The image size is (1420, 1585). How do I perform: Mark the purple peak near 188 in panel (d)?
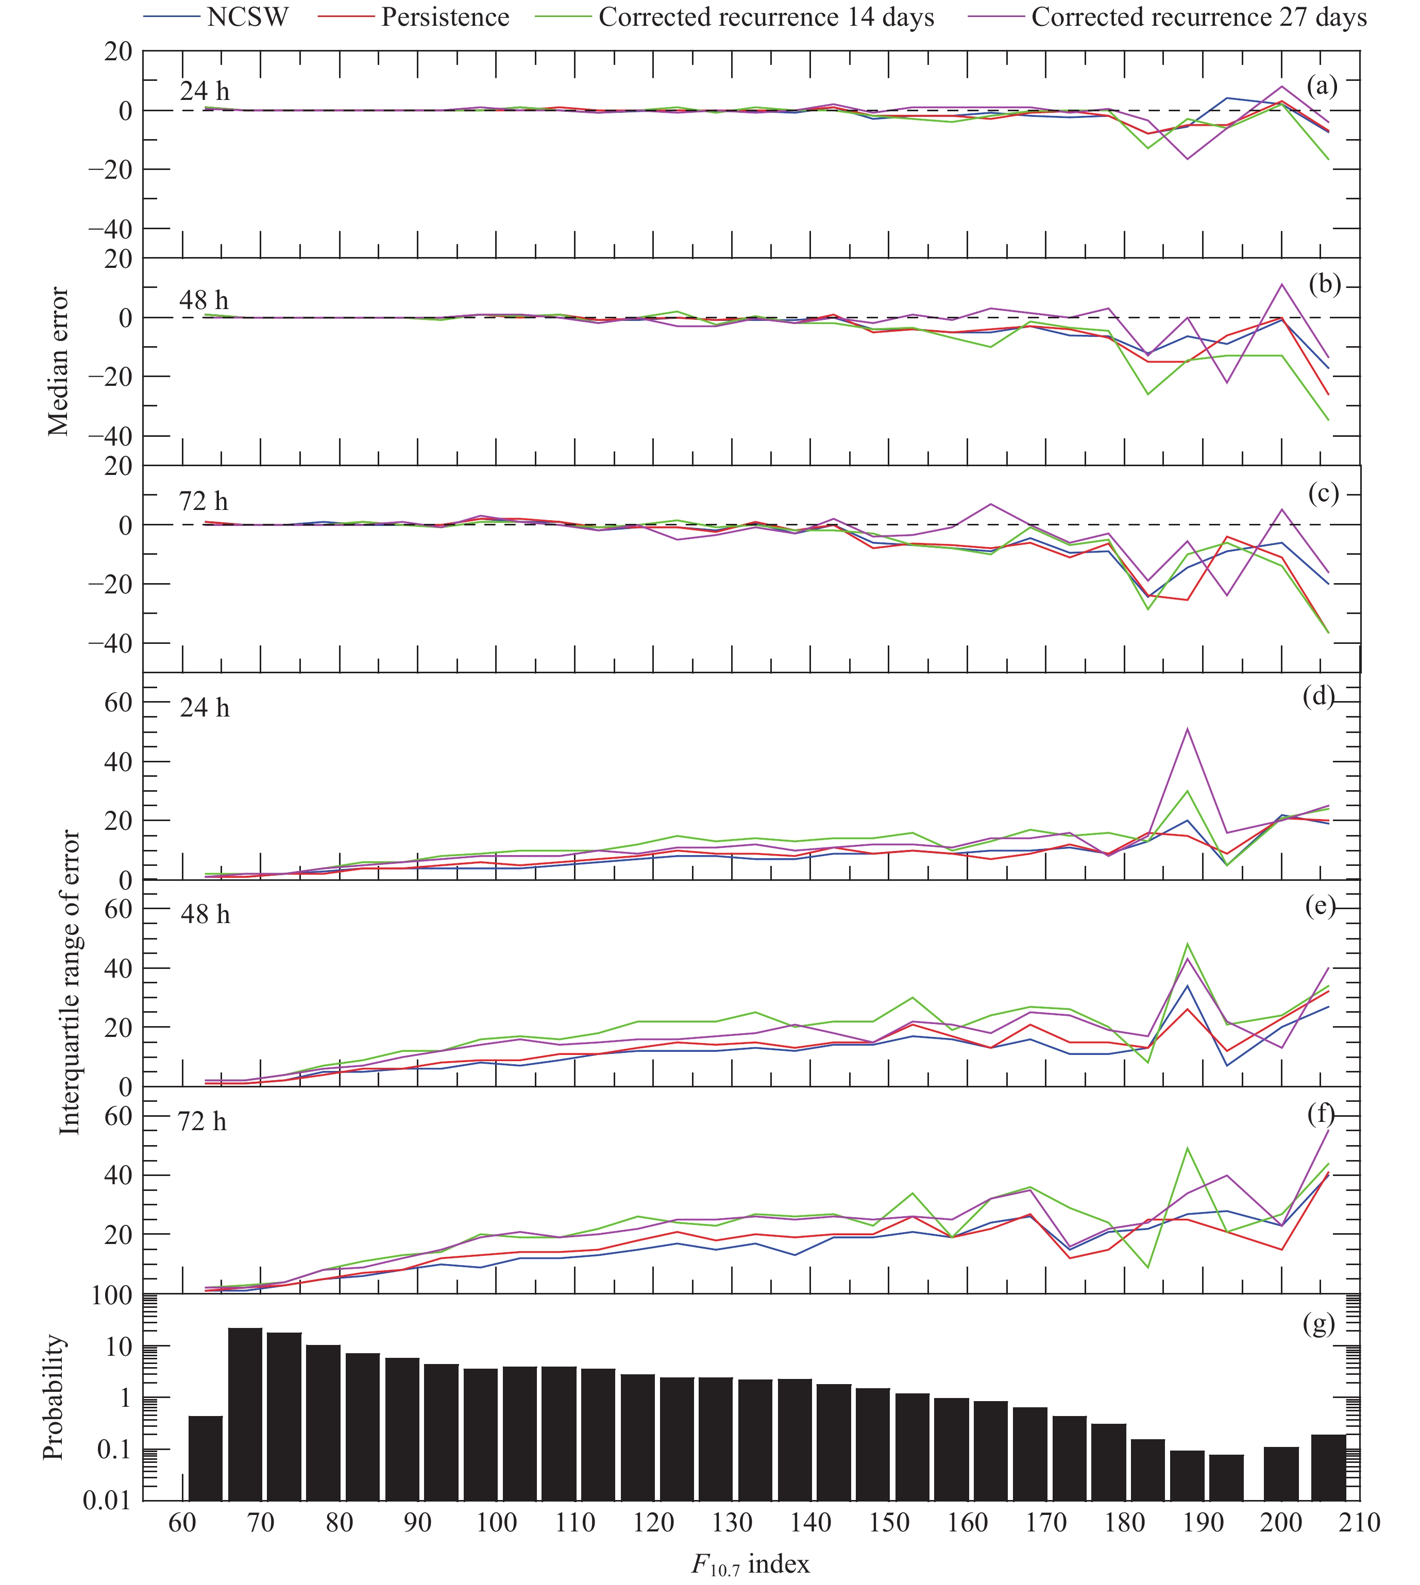pos(1187,729)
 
